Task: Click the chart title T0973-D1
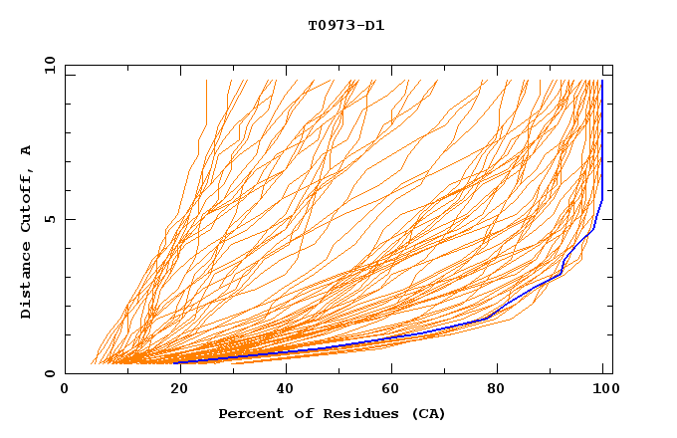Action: click(345, 25)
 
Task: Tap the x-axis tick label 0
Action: click(66, 391)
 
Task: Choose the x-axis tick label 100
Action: click(604, 391)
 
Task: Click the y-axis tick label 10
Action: click(48, 65)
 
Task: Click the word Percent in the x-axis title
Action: click(249, 413)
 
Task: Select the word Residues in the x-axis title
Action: click(344, 413)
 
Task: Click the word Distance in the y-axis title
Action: click(27, 281)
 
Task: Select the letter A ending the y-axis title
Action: click(27, 150)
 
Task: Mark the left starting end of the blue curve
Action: click(175, 362)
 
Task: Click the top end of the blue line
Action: click(602, 81)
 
